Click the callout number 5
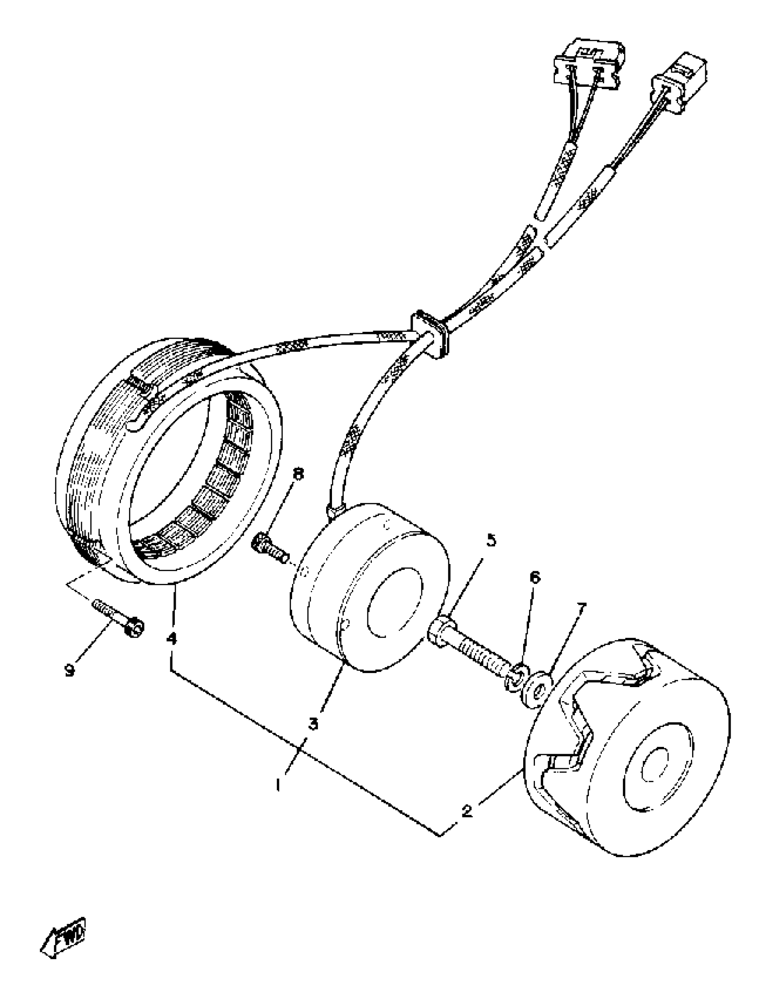tap(490, 540)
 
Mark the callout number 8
tap(298, 474)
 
